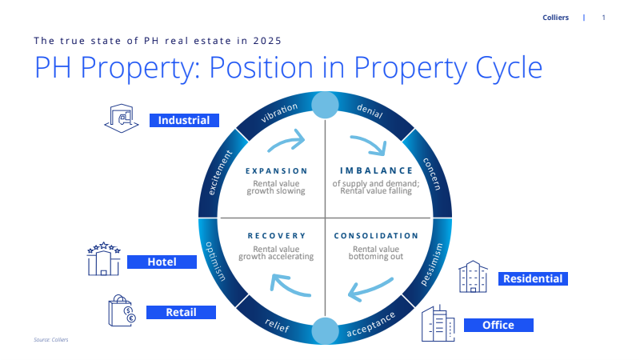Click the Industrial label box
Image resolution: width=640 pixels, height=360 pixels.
pos(184,121)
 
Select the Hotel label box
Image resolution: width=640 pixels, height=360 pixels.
pos(162,262)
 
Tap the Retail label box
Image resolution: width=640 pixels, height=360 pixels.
pos(182,312)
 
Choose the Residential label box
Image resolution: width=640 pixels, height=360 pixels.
pos(533,278)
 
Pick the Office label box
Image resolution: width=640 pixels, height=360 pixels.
pos(498,325)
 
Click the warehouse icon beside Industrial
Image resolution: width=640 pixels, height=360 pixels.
pos(122,118)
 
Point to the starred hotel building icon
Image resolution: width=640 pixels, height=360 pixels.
pos(104,258)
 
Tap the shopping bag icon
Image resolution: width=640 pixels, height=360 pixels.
pos(122,310)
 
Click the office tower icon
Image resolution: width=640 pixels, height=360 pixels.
pos(438,323)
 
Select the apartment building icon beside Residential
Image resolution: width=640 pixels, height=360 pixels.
pos(473,277)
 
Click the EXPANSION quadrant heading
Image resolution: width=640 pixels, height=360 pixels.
pos(276,171)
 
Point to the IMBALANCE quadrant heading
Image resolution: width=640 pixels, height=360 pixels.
pos(376,170)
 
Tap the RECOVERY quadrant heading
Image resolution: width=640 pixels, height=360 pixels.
pos(277,236)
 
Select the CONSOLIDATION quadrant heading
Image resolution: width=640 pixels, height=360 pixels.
pos(376,236)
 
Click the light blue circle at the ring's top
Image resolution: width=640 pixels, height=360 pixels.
pos(325,105)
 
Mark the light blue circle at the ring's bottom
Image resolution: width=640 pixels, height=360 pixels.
pos(325,331)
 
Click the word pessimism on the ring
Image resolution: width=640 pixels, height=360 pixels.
pos(432,265)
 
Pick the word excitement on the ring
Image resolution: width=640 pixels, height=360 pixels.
pos(220,172)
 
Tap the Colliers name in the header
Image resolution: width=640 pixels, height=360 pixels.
pos(555,18)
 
